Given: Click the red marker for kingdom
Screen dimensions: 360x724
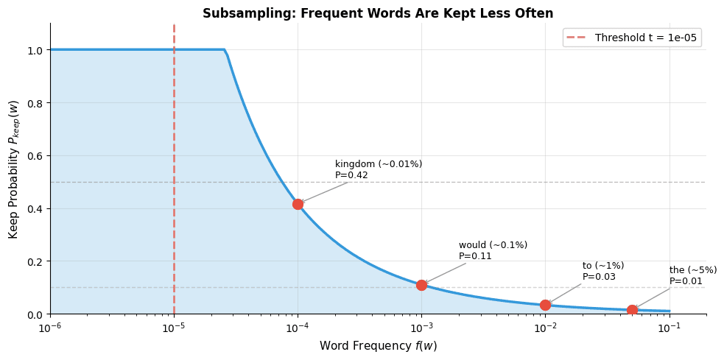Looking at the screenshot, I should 298,204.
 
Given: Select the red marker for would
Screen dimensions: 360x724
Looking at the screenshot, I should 421,285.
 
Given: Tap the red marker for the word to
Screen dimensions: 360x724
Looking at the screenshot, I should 545,305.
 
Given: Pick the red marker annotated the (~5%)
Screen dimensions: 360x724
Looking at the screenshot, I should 632,311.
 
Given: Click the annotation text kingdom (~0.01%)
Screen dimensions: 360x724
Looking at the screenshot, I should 379,164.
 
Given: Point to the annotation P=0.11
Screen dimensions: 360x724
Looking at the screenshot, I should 475,256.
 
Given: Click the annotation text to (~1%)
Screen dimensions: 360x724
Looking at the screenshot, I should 603,266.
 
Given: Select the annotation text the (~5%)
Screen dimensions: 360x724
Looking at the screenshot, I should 692,270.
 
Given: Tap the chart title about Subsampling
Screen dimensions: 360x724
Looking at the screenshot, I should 378,13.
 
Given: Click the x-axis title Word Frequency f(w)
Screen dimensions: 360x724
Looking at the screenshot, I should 378,346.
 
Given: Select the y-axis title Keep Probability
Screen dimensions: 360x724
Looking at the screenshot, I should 13,169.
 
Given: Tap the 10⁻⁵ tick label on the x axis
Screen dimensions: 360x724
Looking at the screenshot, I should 174,327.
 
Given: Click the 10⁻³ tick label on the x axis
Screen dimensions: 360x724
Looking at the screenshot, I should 421,327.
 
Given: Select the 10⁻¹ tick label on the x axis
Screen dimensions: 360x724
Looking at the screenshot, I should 669,327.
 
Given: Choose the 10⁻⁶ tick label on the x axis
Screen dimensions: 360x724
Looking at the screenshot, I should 50,327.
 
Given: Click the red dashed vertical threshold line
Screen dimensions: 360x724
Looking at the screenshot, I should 174,147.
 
